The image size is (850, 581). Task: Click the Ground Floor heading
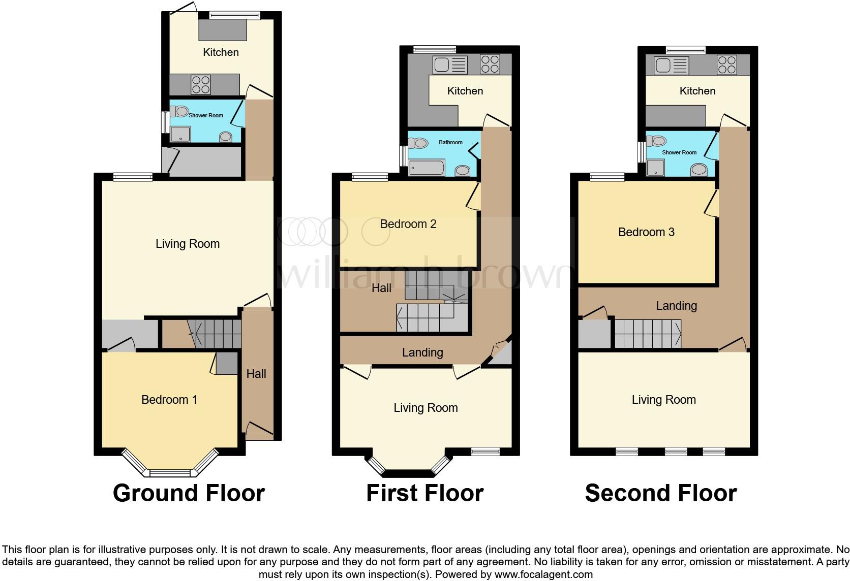189,493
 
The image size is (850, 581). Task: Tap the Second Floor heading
660,493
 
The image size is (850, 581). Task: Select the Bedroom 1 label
169,400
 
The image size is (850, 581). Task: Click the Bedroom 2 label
408,224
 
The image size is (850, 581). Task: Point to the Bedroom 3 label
646,232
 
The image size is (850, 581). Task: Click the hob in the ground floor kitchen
201,84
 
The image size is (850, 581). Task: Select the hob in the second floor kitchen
726,65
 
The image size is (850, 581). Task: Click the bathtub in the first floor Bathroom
427,168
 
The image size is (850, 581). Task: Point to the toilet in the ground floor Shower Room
179,111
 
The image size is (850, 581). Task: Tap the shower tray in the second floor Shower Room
656,168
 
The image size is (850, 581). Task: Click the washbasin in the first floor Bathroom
463,170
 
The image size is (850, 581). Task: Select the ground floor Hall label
256,374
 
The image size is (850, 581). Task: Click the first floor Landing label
422,352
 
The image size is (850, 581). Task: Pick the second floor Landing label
676,306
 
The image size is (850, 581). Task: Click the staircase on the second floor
648,334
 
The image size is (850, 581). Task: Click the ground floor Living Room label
187,244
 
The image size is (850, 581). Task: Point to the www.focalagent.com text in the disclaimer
543,574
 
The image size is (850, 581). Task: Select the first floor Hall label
381,288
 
